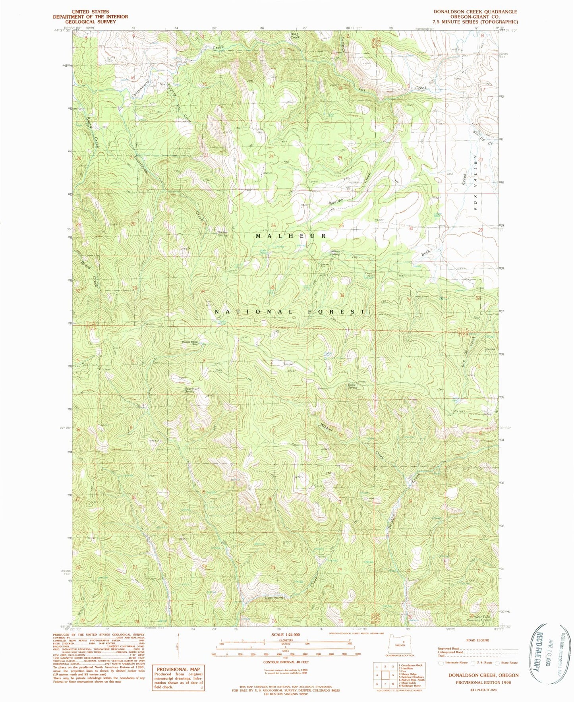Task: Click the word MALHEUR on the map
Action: tap(291, 236)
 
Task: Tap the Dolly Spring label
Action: tap(352, 386)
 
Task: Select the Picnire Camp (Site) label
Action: tap(190, 343)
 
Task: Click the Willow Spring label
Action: tap(335, 252)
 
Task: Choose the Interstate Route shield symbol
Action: tap(441, 662)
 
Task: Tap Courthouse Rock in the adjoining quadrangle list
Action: tap(413, 665)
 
